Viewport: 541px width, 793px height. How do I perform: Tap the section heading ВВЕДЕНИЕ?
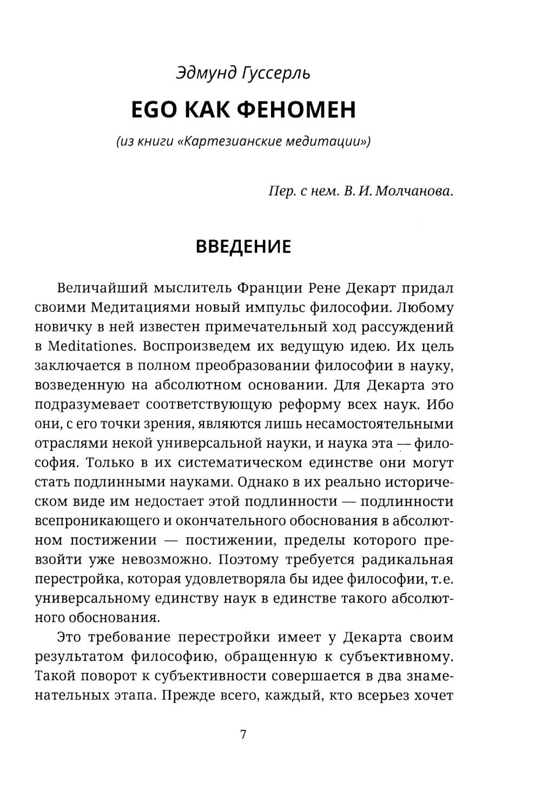(x=243, y=247)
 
